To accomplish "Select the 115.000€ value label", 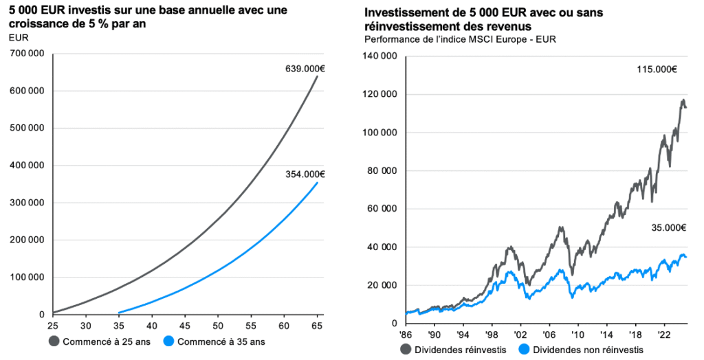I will (657, 69).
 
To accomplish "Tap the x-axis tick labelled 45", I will (185, 324).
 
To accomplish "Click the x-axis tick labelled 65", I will (317, 324).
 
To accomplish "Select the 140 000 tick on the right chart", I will (382, 56).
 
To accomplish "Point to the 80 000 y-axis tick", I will (385, 171).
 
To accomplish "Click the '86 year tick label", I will (406, 335).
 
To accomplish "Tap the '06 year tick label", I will (550, 335).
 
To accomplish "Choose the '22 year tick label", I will (663, 335).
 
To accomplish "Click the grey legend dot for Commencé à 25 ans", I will (54, 341).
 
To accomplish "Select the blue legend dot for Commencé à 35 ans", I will (169, 341).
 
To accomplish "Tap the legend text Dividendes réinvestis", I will (450, 350).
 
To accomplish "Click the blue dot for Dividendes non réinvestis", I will (526, 350).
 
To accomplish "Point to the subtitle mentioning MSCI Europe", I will (460, 39).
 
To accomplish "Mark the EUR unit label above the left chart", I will (18, 37).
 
